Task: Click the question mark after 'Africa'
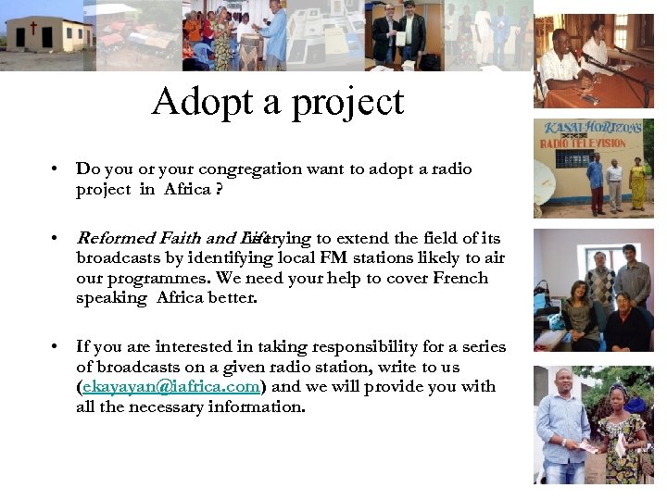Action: point(219,189)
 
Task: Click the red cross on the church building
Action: point(34,29)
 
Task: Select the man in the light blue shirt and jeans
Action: point(562,426)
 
